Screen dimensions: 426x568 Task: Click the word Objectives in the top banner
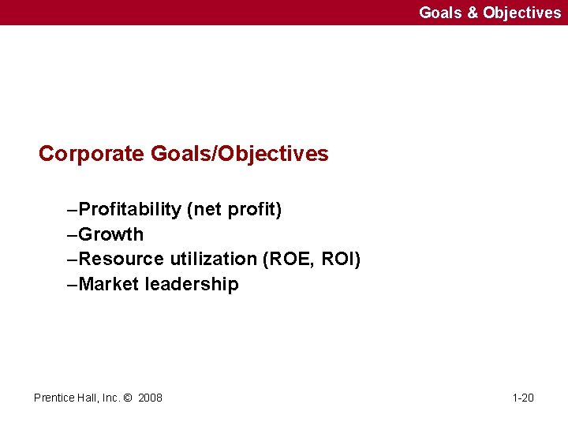point(521,13)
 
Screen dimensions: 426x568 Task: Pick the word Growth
point(111,234)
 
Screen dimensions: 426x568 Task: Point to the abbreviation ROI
point(341,259)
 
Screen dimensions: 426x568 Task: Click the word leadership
point(192,284)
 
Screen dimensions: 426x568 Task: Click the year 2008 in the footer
point(150,398)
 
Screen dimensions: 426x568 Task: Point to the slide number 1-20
point(522,398)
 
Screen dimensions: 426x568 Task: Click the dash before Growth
point(73,234)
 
